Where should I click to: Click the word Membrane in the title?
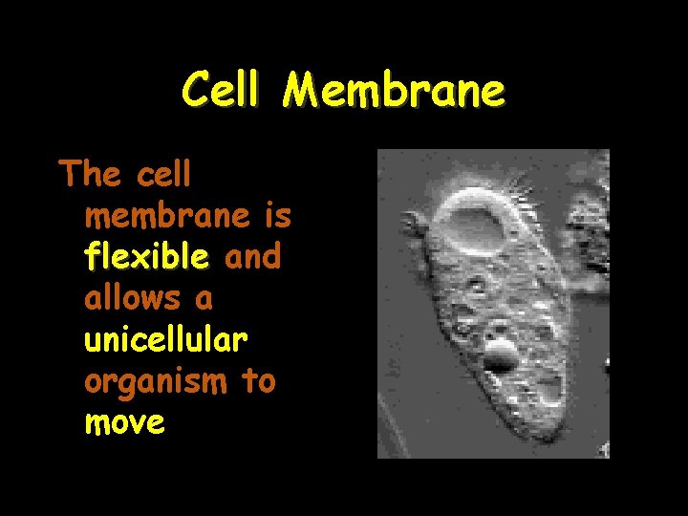394,92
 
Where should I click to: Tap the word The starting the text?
90,175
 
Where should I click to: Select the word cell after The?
164,175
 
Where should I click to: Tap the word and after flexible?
252,257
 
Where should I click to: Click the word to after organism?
258,381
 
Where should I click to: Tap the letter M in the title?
302,92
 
